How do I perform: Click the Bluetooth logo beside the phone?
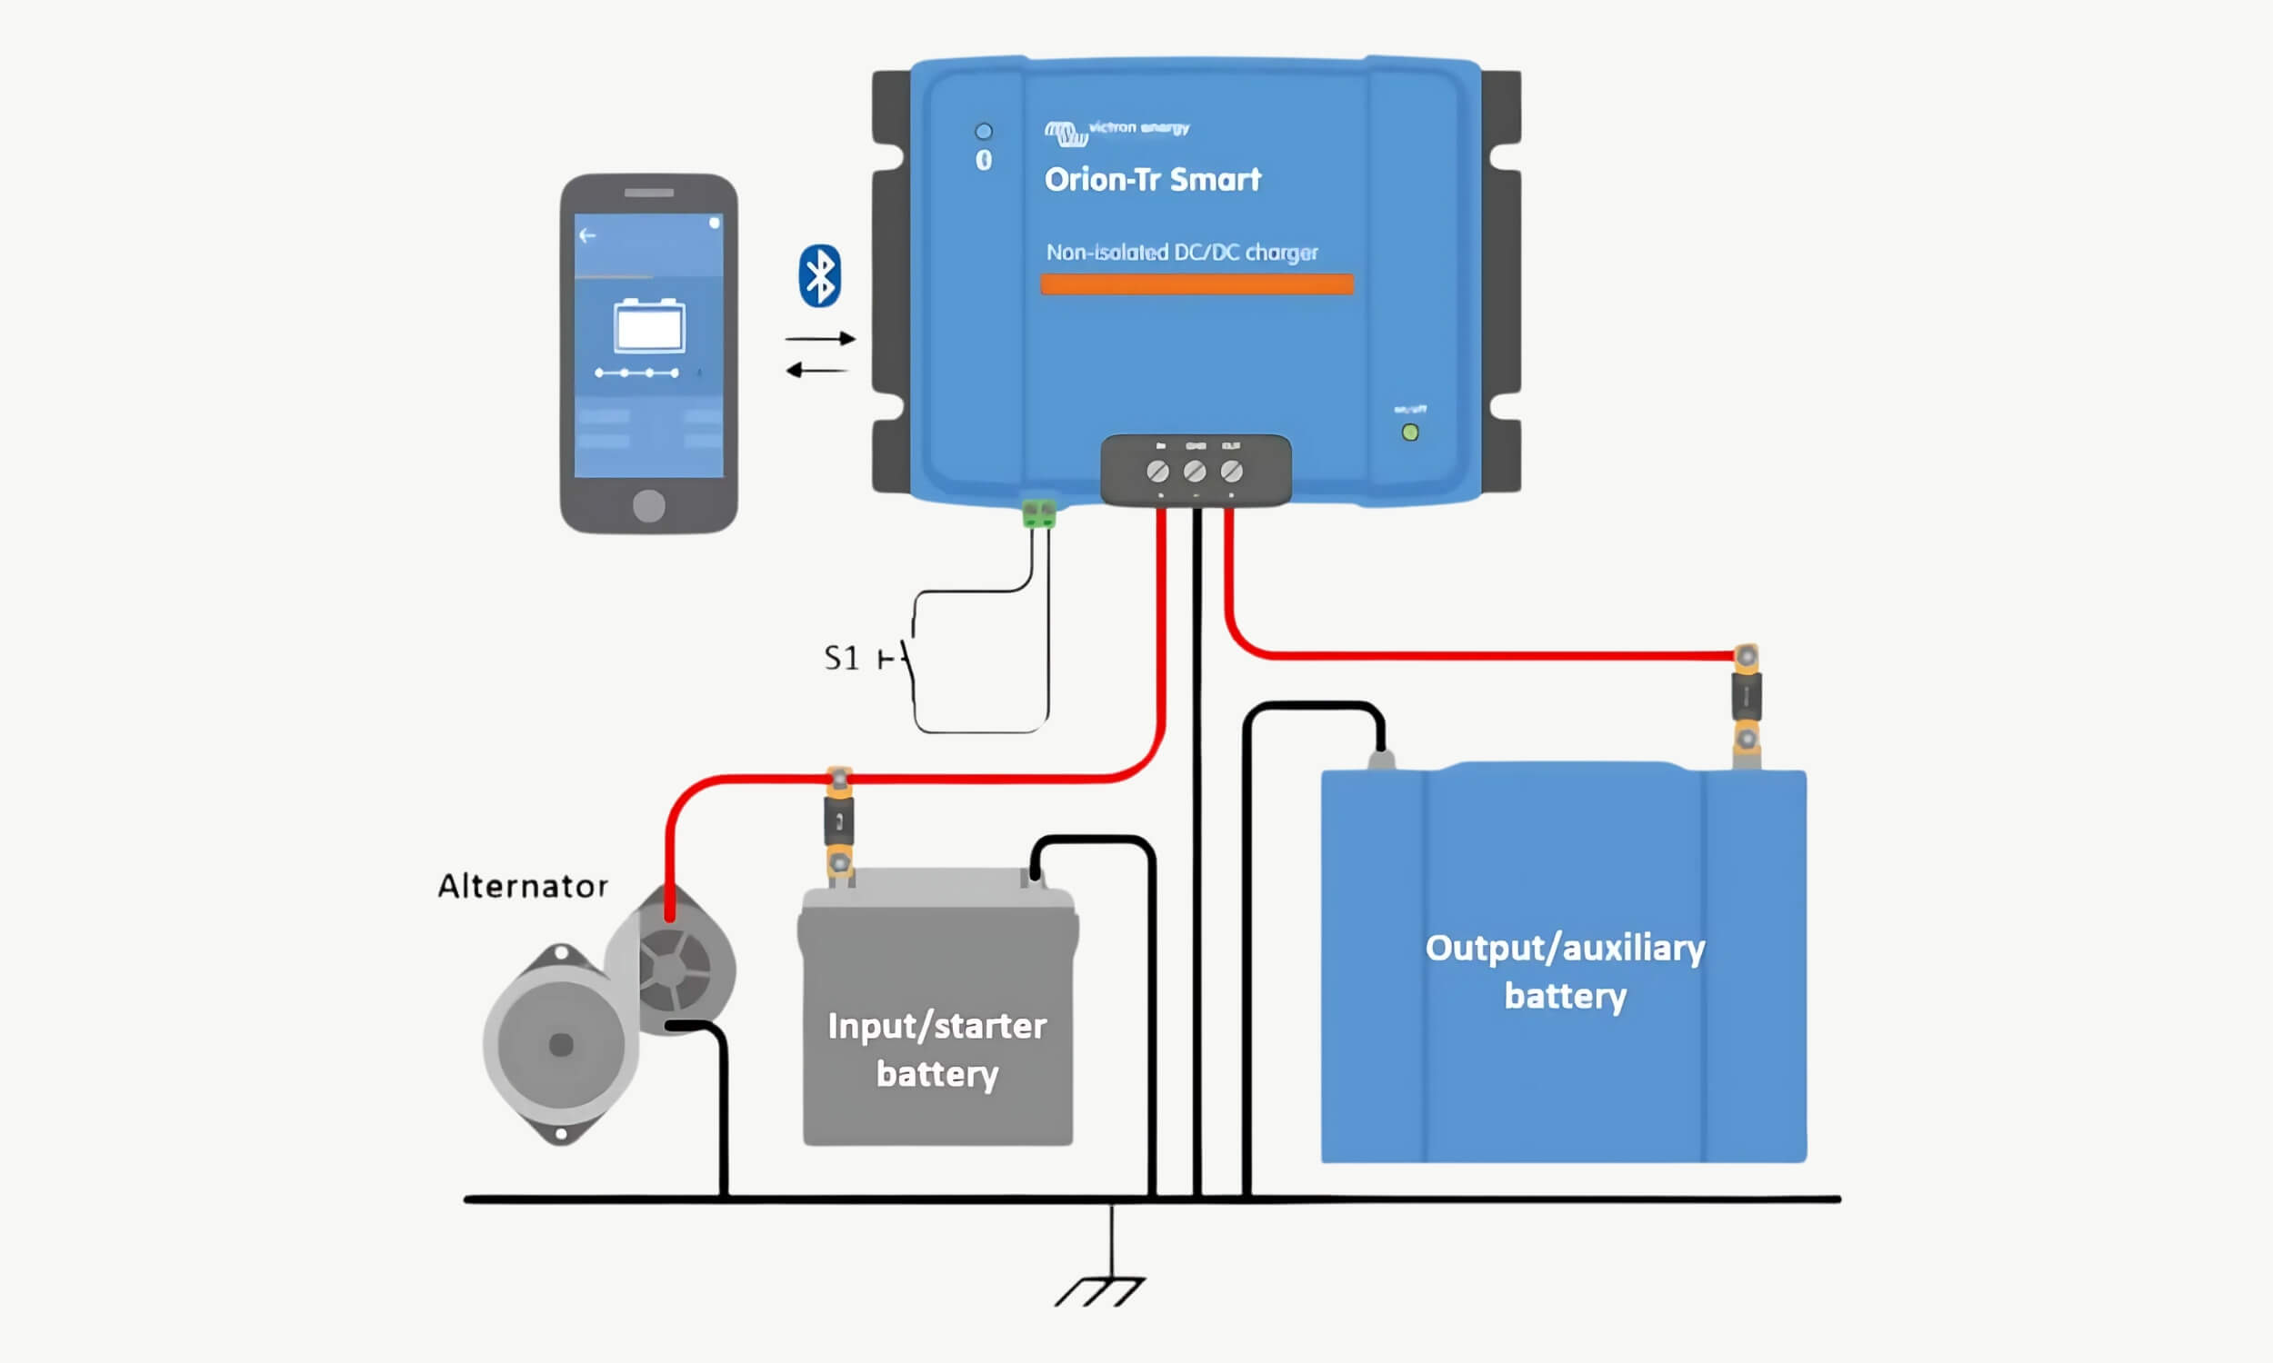coord(818,275)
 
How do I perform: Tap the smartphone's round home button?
coord(648,505)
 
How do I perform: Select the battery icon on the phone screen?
coord(648,325)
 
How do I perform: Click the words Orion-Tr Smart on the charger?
coord(1152,179)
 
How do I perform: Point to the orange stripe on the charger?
coord(1197,284)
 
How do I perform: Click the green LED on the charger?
coord(1409,433)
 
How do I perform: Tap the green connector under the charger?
coord(1039,512)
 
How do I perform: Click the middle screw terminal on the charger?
coord(1195,472)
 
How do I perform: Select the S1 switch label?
coord(842,658)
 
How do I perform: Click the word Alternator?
coord(522,886)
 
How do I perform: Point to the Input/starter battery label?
coord(937,1050)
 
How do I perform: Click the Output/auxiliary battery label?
coord(1565,971)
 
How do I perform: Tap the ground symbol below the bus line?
coord(1101,1289)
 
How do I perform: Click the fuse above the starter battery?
coord(839,821)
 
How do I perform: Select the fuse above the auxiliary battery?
coord(1746,697)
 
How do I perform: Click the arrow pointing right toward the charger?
coord(820,339)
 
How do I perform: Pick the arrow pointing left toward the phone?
coord(816,370)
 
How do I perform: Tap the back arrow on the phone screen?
coord(587,236)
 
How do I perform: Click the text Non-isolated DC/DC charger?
coord(1182,253)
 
